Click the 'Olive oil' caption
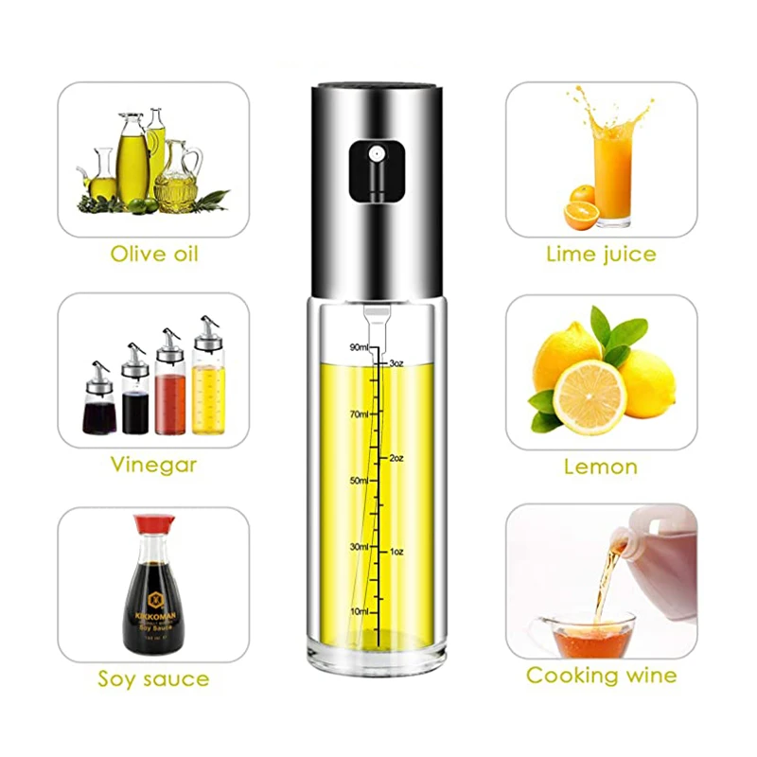(154, 254)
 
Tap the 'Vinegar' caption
(153, 465)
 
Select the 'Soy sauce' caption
(153, 678)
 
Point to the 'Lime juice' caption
(601, 254)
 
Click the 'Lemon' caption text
(601, 466)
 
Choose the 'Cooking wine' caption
(602, 676)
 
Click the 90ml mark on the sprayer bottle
(358, 347)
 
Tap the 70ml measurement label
(360, 414)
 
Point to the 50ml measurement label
(360, 481)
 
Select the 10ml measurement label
(360, 611)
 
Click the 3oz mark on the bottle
(397, 362)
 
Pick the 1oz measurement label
(397, 551)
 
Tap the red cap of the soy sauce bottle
(154, 522)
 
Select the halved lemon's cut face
(589, 397)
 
